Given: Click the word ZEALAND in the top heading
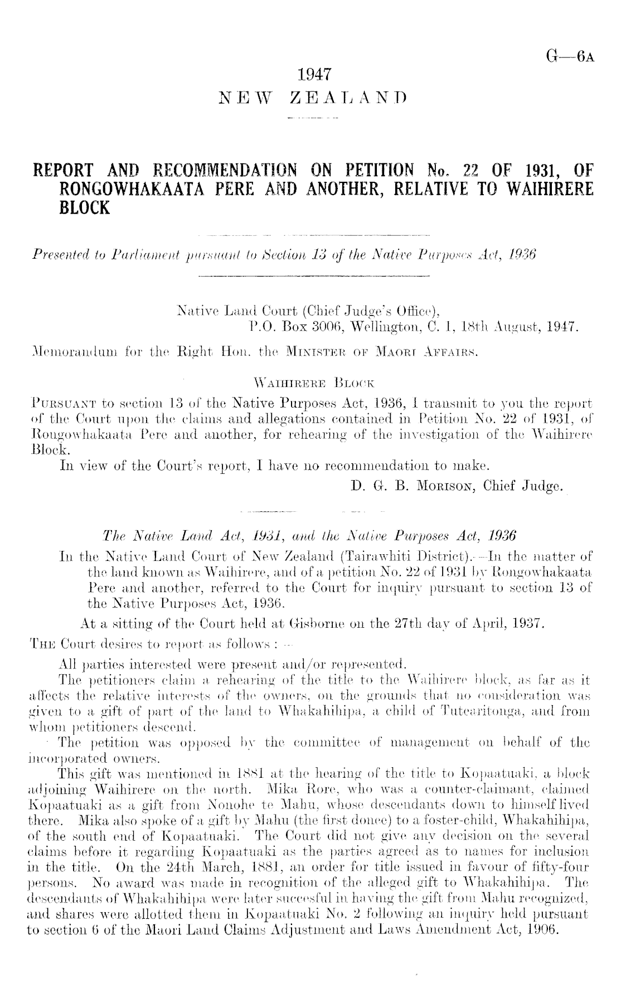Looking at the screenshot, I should [348, 99].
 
